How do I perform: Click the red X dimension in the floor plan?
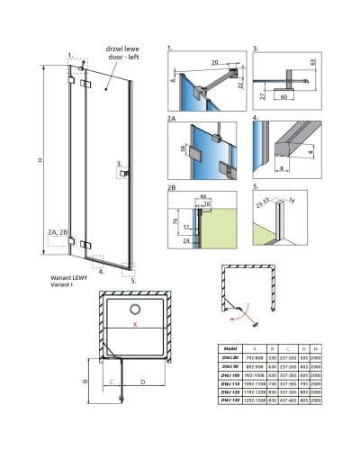point(135,321)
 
